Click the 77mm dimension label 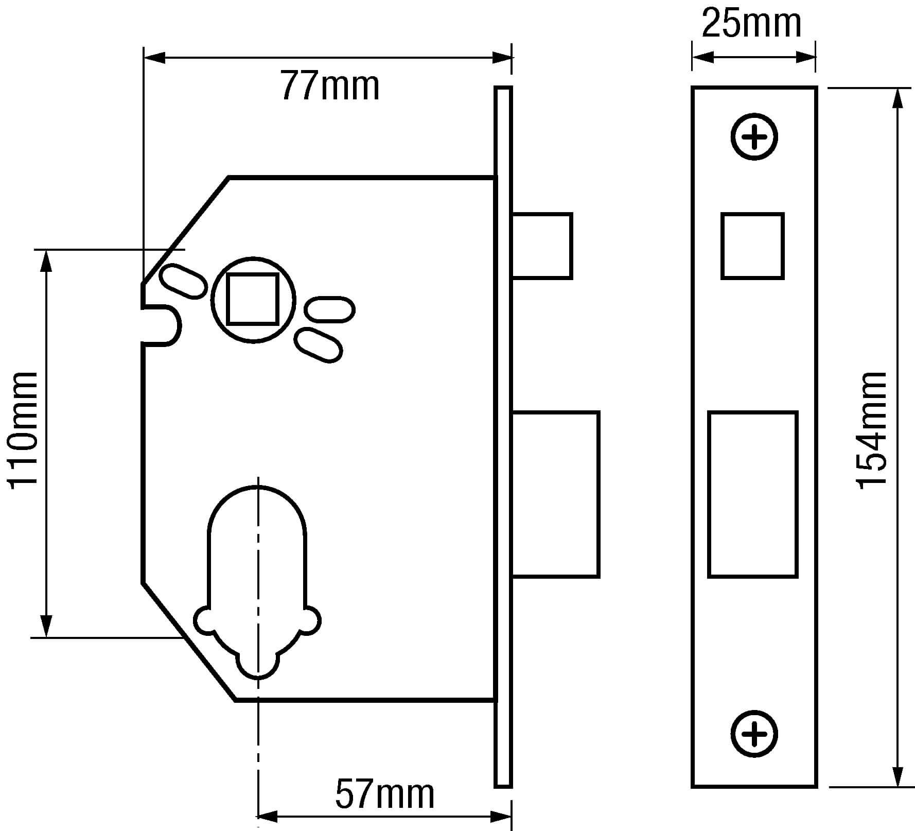pyautogui.click(x=329, y=86)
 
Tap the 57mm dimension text pyautogui.click(x=385, y=794)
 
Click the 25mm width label pyautogui.click(x=752, y=24)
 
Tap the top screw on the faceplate pyautogui.click(x=754, y=137)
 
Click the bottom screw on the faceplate pyautogui.click(x=754, y=734)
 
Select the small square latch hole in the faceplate pyautogui.click(x=752, y=246)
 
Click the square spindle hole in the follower pyautogui.click(x=253, y=299)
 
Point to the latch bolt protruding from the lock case pyautogui.click(x=542, y=246)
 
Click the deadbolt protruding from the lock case pyautogui.click(x=556, y=494)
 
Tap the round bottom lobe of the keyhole pyautogui.click(x=257, y=664)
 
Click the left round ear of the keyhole pyautogui.click(x=204, y=620)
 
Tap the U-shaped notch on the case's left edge pyautogui.click(x=164, y=325)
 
